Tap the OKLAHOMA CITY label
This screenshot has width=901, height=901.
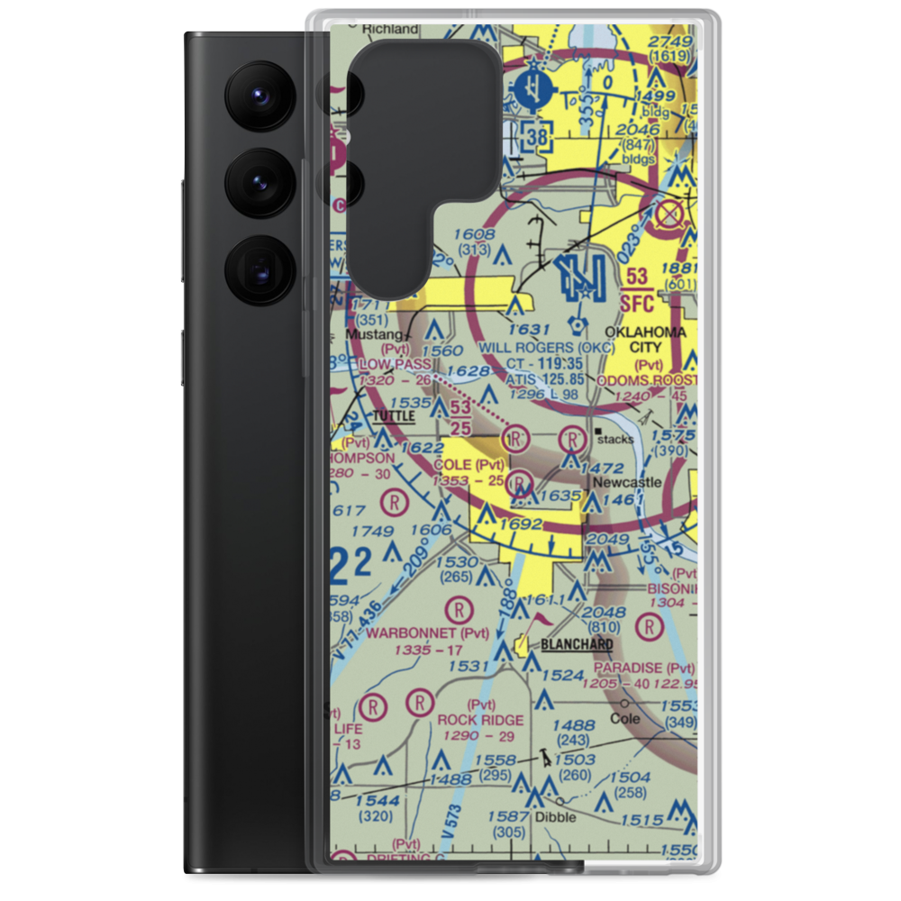(645, 340)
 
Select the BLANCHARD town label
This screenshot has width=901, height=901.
(577, 644)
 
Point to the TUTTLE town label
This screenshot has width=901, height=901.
(394, 416)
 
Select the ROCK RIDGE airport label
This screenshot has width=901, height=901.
(480, 720)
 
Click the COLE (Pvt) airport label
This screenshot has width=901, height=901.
(469, 464)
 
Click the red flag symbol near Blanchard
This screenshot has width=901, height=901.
(542, 620)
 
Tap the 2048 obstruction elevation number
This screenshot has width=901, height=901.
(604, 612)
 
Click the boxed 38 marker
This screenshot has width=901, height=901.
(537, 138)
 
